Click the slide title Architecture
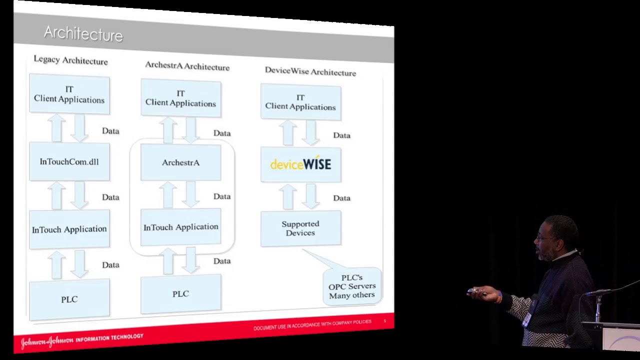click(83, 34)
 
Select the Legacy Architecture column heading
click(70, 60)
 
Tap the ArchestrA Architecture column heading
click(187, 65)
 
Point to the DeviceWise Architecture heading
click(310, 71)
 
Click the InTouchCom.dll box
click(69, 161)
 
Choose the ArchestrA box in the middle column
click(180, 162)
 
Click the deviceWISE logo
click(300, 164)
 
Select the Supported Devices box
click(300, 228)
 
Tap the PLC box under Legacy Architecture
click(69, 299)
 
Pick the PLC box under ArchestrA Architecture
click(180, 294)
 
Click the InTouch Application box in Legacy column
click(69, 229)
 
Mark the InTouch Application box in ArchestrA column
click(180, 227)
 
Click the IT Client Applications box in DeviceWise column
click(300, 102)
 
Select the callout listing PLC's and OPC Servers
click(352, 286)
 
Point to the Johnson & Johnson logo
click(47, 341)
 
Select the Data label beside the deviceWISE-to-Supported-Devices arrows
click(341, 198)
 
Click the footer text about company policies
click(312, 325)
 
